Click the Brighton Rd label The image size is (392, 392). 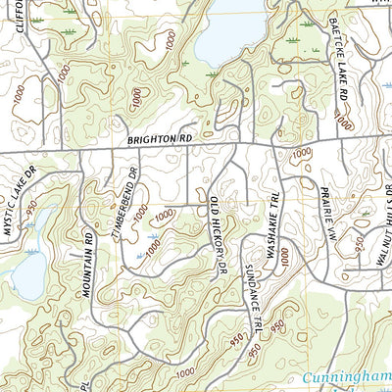pos(160,141)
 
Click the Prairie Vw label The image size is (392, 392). pos(329,215)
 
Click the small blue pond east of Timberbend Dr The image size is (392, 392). pos(149,236)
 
